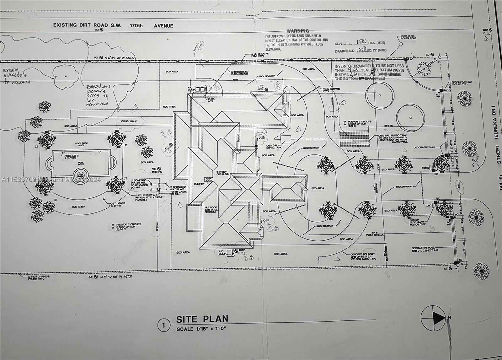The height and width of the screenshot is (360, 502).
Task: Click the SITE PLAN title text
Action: pos(202,319)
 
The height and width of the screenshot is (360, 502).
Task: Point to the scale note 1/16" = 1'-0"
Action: pos(201,329)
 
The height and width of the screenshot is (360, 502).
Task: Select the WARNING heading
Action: pos(297,31)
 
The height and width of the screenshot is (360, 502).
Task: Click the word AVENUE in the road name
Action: pos(163,26)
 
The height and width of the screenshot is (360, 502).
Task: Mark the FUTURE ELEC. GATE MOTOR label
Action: pos(418,223)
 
